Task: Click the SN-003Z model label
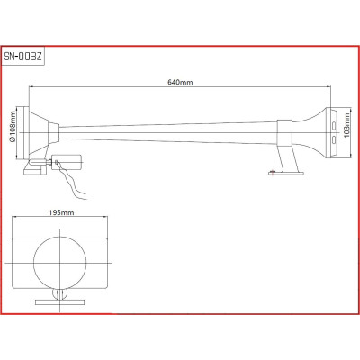(x=23, y=57)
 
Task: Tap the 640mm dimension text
(x=180, y=82)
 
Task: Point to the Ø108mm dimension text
(x=12, y=126)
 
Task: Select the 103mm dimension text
(x=347, y=125)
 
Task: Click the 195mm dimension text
(x=61, y=212)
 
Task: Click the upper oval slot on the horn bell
(x=334, y=125)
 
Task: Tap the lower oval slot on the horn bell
(x=334, y=139)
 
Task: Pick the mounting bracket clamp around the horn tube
(x=284, y=132)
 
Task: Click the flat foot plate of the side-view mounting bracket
(x=285, y=173)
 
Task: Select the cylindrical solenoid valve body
(x=67, y=162)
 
